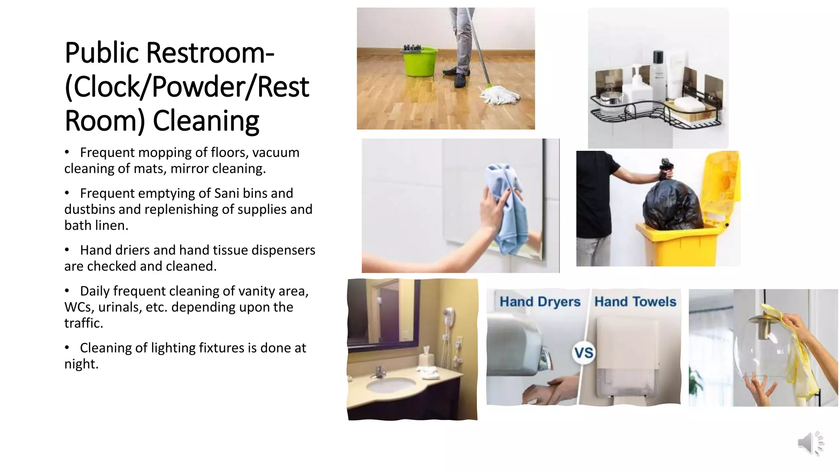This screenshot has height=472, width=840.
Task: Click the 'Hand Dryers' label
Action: tap(540, 302)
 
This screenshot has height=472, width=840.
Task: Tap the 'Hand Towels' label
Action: tap(635, 302)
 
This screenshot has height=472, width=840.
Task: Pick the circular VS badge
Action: tap(583, 353)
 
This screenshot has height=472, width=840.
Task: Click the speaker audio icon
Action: tap(810, 443)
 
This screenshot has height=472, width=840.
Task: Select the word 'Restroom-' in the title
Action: tap(210, 53)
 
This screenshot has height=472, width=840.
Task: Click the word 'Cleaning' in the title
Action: tap(206, 121)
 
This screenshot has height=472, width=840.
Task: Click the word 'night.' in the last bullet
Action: tap(81, 364)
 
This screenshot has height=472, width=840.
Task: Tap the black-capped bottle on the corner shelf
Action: tap(658, 74)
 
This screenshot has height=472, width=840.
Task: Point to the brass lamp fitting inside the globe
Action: tap(764, 326)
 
